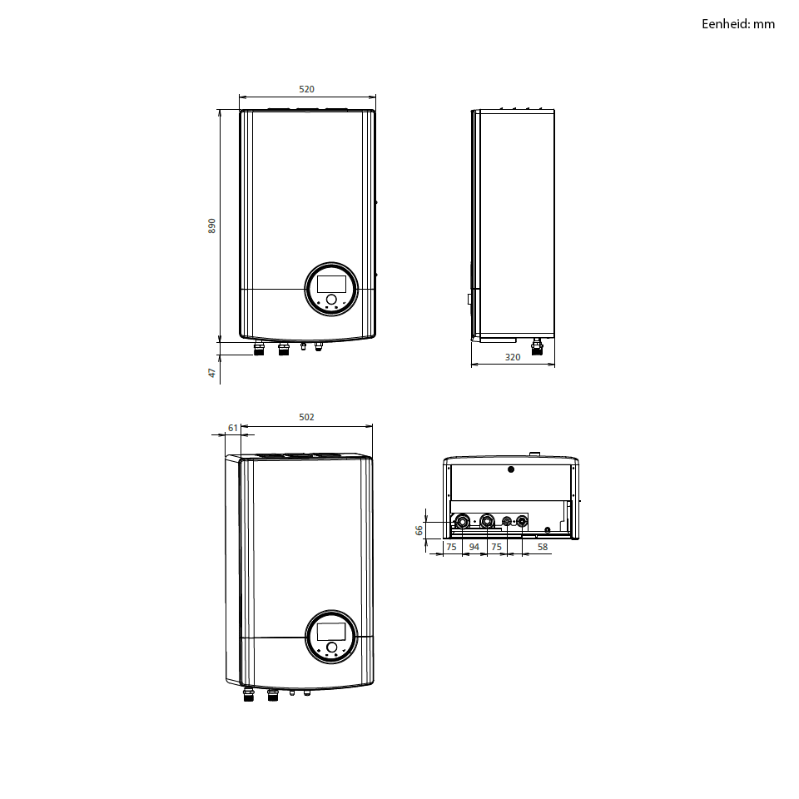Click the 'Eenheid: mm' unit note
(738, 24)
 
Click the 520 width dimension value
(306, 89)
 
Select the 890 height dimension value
(212, 226)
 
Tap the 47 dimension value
(212, 373)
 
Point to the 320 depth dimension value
(513, 357)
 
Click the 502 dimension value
(306, 417)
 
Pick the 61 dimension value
(233, 428)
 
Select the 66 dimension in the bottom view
(419, 530)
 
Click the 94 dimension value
(474, 547)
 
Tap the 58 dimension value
(542, 547)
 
